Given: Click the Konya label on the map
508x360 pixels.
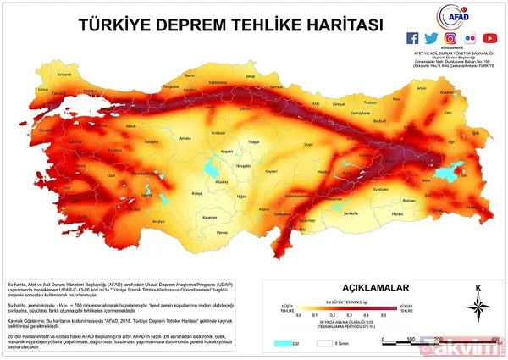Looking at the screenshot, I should tap(197, 192).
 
